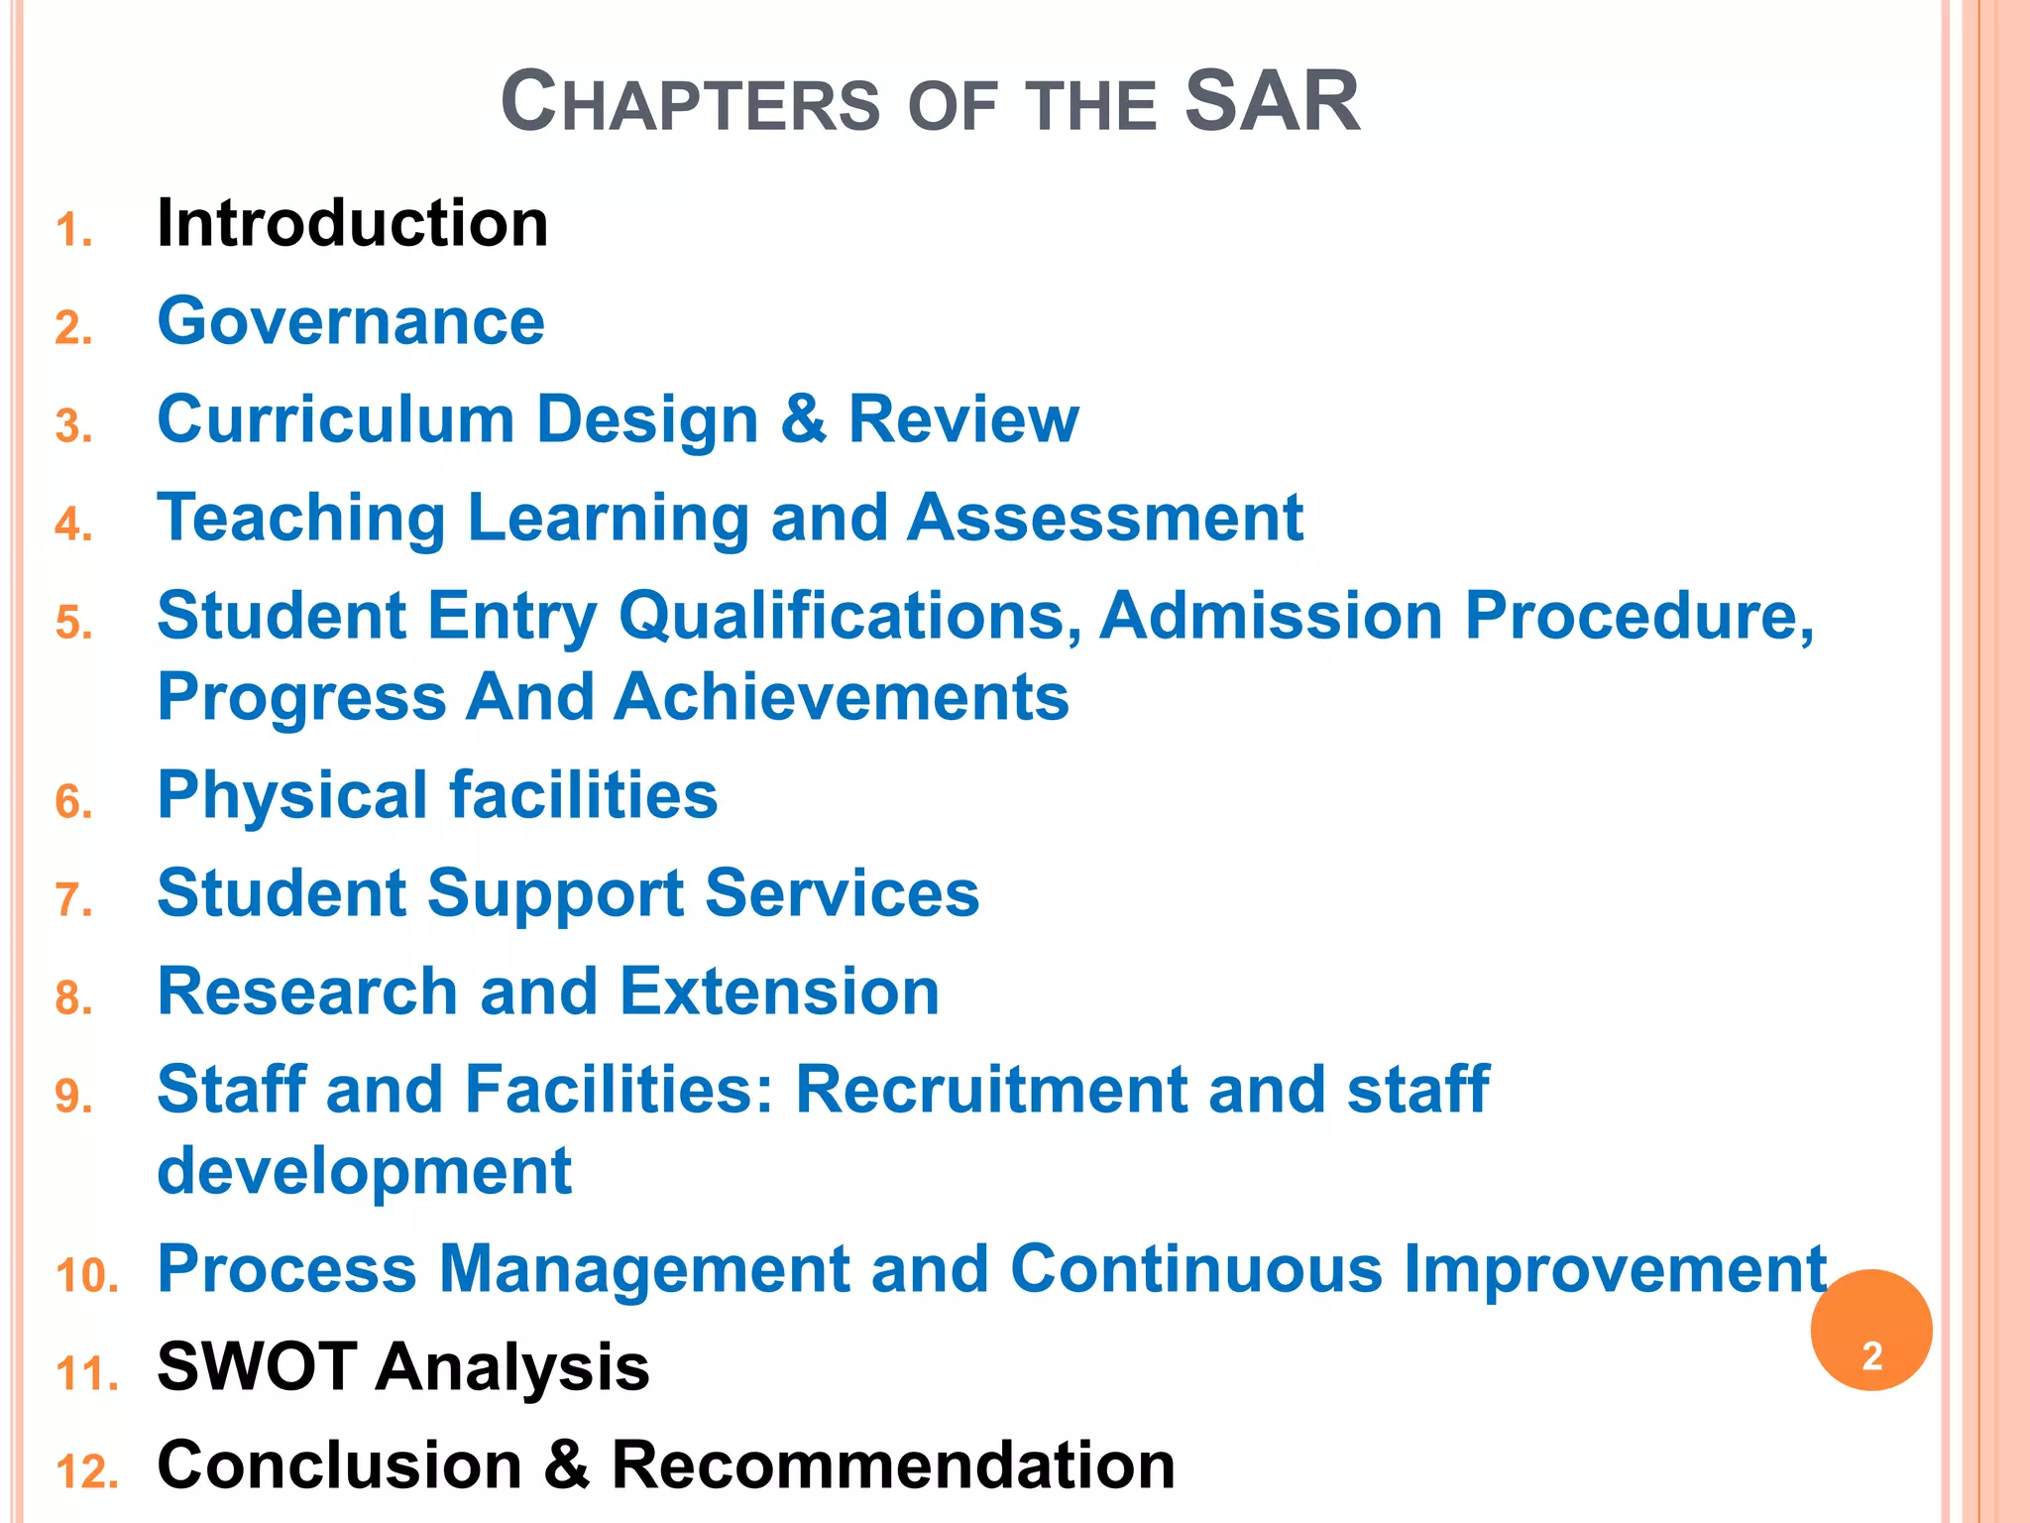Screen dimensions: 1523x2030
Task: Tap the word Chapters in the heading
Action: [690, 103]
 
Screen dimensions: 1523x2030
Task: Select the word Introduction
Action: [352, 223]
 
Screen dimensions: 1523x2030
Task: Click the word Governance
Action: [351, 321]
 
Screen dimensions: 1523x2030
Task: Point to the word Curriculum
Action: [335, 419]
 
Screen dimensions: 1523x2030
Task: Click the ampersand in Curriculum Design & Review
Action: [803, 419]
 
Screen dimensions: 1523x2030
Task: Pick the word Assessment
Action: [1105, 518]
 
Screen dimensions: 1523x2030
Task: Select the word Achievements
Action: [841, 697]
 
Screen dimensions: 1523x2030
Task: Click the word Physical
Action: [292, 795]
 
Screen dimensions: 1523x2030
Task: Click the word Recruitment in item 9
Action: [990, 1090]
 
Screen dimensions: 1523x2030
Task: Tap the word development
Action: [364, 1171]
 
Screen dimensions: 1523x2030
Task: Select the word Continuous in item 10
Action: [1195, 1269]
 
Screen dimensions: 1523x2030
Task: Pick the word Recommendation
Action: [893, 1465]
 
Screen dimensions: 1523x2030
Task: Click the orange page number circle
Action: [1870, 1331]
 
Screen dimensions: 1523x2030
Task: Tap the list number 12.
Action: [87, 1472]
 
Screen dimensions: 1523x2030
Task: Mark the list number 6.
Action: [74, 802]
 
